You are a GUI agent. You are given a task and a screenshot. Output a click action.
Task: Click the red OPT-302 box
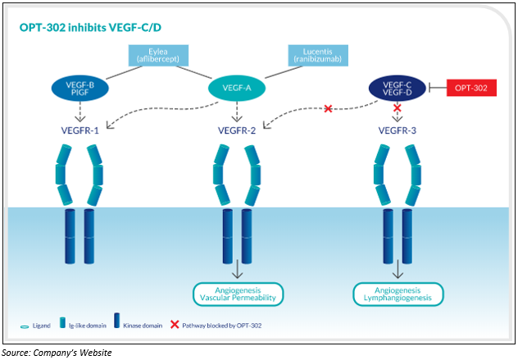(471, 88)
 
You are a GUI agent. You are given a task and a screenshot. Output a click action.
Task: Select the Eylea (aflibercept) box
(158, 56)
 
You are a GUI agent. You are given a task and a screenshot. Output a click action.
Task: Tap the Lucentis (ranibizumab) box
(318, 56)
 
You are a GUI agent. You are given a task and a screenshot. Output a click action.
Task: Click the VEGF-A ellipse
(237, 88)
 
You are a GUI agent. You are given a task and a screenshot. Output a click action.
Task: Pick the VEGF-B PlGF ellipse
(80, 89)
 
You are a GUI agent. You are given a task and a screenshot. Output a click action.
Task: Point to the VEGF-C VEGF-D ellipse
(397, 89)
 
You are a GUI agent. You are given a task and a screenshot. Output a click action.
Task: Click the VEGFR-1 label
(80, 130)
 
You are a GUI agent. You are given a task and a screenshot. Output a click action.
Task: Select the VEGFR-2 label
(237, 130)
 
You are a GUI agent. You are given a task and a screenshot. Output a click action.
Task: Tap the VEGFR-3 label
(397, 130)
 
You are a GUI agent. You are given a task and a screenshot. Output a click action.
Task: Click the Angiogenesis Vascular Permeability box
(238, 294)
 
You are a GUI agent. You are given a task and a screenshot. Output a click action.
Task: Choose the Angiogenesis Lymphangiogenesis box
(398, 294)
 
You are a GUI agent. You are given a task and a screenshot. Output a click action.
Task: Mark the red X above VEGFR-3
(397, 107)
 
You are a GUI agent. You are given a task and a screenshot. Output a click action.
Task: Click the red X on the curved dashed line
(328, 108)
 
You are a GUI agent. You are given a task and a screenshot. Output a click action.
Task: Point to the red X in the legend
(175, 325)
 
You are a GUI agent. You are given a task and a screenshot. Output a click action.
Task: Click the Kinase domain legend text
(143, 326)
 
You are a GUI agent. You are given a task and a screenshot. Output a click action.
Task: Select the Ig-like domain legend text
(88, 326)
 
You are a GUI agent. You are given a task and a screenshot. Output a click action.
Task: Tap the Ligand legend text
(42, 326)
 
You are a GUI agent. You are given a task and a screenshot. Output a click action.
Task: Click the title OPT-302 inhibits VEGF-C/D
(90, 27)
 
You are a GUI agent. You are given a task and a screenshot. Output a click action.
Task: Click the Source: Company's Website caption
(57, 353)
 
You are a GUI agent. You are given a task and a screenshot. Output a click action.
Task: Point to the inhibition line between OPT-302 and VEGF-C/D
(438, 88)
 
